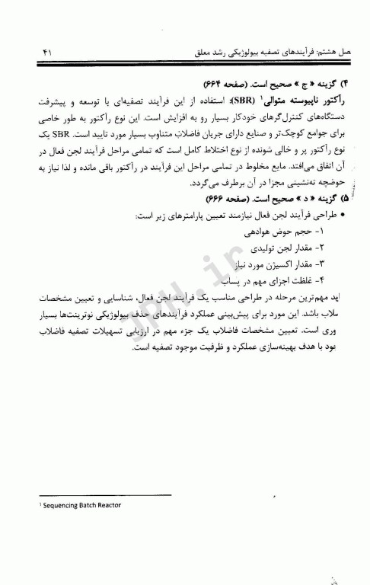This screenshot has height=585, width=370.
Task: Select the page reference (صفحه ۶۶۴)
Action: tap(218, 82)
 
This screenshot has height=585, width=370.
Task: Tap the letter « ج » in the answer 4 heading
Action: tap(284, 82)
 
